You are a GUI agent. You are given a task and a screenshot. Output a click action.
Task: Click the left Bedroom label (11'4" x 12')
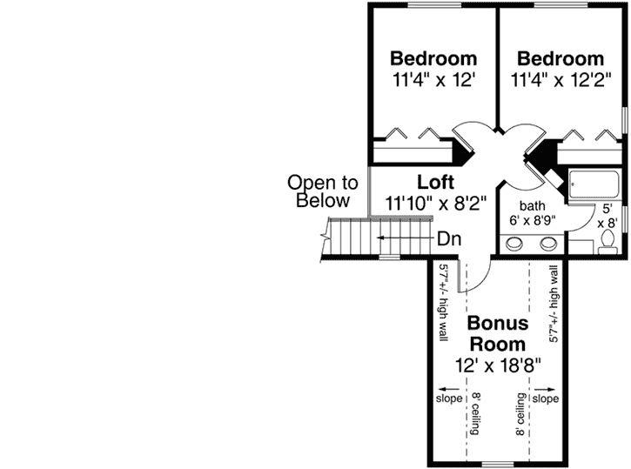[433, 59]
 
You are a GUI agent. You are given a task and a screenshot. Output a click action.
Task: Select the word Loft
[435, 183]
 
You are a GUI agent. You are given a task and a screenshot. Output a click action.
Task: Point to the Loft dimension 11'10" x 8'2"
[434, 203]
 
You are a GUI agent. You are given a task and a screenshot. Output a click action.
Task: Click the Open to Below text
[323, 191]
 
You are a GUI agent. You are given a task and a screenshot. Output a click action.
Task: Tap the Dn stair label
[449, 237]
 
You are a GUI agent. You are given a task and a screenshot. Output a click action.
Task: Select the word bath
[533, 205]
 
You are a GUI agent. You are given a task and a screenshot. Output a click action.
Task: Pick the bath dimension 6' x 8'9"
[534, 221]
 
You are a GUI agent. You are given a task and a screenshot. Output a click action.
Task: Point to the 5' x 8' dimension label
[607, 216]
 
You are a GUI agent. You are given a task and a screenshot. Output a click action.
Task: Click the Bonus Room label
[498, 333]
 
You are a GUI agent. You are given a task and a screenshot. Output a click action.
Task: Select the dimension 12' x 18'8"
[498, 365]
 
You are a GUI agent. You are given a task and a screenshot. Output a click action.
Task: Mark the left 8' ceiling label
[477, 414]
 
